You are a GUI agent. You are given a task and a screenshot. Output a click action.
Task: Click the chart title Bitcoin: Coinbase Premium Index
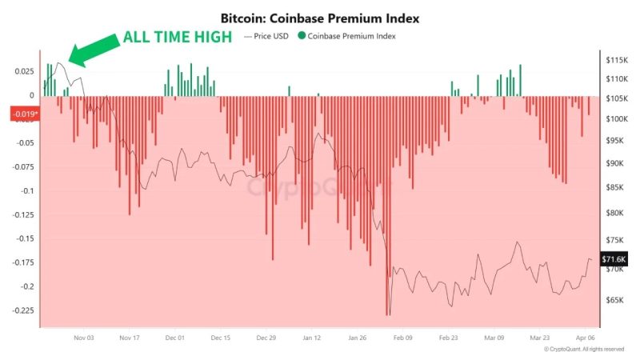(320, 17)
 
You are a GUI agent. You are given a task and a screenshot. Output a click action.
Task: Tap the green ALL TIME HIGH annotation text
(178, 38)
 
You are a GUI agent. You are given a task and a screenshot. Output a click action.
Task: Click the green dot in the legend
(301, 36)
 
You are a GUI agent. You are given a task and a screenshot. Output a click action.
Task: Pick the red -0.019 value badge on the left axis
(24, 114)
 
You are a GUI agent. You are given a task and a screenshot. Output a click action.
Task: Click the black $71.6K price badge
(614, 260)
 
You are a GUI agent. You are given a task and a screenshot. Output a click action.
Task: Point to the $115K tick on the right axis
(616, 61)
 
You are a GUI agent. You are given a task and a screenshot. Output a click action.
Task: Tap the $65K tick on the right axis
(614, 300)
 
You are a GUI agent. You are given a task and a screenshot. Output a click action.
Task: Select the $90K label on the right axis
(614, 163)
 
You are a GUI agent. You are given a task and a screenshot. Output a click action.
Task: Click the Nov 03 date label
(84, 338)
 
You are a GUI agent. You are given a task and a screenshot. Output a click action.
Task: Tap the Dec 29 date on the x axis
(266, 338)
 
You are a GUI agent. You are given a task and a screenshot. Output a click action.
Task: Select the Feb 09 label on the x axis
(403, 338)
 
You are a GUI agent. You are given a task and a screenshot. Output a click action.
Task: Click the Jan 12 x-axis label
(312, 338)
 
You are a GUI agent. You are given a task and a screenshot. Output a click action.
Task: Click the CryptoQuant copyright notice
(584, 350)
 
